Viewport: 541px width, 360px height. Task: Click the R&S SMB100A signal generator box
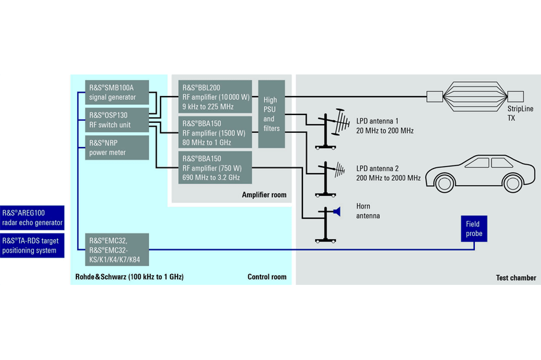117,92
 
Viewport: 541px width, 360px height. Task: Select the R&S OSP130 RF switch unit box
117,120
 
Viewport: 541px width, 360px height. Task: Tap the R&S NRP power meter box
117,148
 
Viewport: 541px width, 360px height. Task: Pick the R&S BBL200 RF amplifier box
215,97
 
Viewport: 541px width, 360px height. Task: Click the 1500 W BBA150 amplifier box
215,132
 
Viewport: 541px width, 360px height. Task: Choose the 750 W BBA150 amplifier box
215,167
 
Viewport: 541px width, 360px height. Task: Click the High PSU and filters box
272,114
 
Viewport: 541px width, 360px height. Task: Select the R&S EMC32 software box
117,250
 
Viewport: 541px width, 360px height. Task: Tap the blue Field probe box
474,228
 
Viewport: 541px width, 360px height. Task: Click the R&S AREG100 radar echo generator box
32,218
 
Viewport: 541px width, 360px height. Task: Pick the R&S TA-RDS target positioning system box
32,246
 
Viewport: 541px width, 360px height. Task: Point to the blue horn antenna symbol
337,211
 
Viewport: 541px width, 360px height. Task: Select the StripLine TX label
520,113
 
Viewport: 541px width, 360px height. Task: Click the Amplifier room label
264,195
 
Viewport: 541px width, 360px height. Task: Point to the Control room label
267,277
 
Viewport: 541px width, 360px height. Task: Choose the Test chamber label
516,277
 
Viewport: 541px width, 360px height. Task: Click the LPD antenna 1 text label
377,121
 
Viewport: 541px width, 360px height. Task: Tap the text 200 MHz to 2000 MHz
388,178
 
